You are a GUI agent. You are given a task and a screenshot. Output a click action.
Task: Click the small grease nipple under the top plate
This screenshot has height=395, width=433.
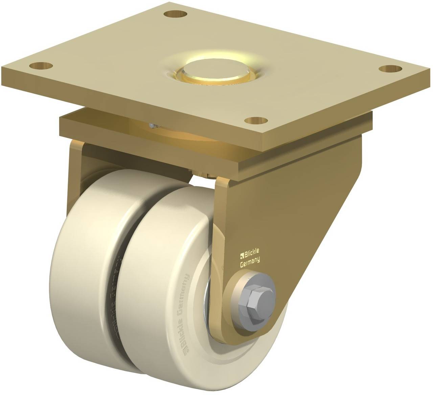(x=153, y=126)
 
